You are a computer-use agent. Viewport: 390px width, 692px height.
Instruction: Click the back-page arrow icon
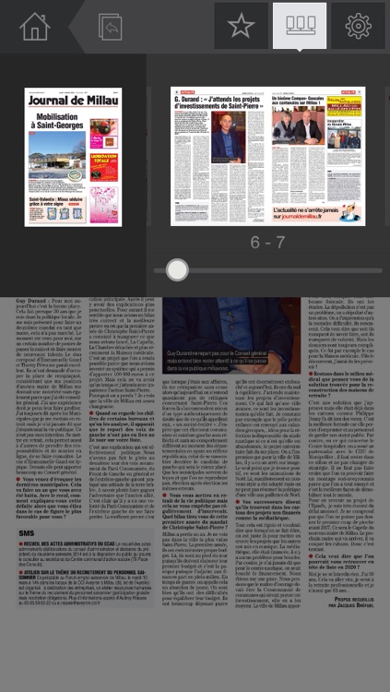coord(110,27)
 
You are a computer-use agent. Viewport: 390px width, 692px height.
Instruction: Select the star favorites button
coord(241,26)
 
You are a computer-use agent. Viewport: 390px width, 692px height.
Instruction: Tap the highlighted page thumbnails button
coord(300,26)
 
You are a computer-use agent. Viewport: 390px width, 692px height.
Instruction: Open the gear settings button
coord(358,26)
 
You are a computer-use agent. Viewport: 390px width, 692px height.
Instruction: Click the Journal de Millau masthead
coord(73,101)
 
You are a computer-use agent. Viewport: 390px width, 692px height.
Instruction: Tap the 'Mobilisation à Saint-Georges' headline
coord(73,124)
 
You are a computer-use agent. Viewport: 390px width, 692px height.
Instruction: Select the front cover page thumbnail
coord(73,157)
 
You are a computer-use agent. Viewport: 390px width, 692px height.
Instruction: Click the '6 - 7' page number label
coord(267,243)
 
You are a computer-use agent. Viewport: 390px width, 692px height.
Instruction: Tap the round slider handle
coord(177,269)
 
